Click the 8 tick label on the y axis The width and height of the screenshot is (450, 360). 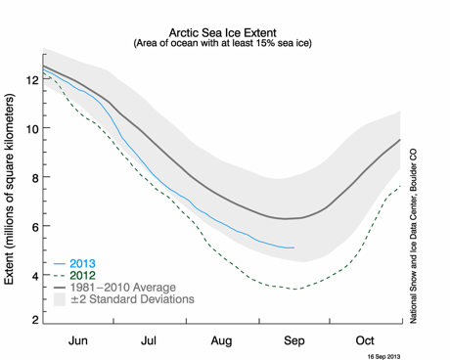click(x=34, y=178)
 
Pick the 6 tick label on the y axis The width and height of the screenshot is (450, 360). click(x=34, y=227)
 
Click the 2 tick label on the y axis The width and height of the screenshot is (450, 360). click(x=34, y=320)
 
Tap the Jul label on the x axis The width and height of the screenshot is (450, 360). click(x=149, y=340)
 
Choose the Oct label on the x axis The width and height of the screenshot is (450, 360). click(x=365, y=340)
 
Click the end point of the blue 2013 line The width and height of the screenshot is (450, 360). click(x=294, y=247)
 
